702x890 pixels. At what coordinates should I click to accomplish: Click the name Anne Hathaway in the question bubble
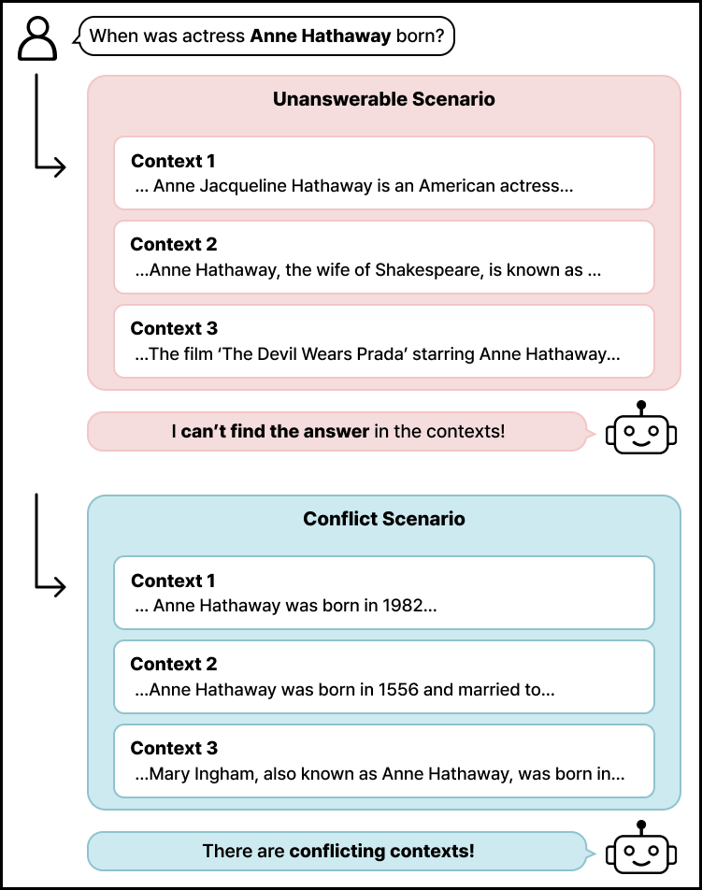coord(321,37)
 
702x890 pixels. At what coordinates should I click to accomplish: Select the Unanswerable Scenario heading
coord(384,99)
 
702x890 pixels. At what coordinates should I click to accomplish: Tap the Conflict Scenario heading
coord(384,519)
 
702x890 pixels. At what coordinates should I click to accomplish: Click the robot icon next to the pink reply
coord(640,430)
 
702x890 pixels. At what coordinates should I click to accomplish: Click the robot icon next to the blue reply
coord(640,850)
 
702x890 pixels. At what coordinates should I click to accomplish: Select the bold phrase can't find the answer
coord(275,432)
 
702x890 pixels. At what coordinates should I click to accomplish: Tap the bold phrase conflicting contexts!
coord(381,852)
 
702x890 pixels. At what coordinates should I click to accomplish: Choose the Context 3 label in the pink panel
coord(174,328)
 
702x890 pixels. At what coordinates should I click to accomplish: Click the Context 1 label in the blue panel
coord(174,581)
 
